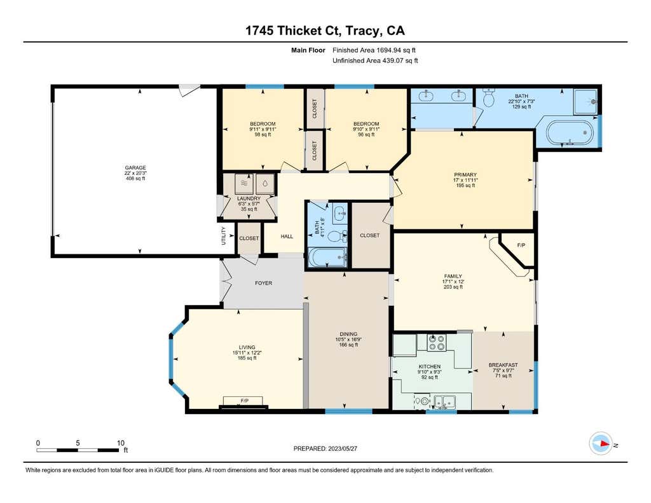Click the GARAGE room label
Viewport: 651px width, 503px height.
(x=135, y=168)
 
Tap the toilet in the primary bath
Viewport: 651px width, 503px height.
(x=489, y=97)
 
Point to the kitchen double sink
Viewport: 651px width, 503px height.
(x=444, y=402)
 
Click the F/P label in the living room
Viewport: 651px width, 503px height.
(x=245, y=401)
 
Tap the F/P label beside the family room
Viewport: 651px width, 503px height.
(x=521, y=245)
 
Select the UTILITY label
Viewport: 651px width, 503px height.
(x=223, y=235)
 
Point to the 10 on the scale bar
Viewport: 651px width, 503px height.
(x=120, y=443)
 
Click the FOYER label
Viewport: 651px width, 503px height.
(x=264, y=283)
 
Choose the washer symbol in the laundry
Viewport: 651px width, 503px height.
(x=243, y=183)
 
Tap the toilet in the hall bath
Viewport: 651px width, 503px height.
(x=337, y=237)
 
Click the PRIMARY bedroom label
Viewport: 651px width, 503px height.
(x=465, y=174)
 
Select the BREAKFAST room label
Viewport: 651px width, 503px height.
(x=504, y=365)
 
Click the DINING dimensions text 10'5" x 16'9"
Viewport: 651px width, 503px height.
(x=348, y=340)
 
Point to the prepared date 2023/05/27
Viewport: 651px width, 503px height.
(x=343, y=448)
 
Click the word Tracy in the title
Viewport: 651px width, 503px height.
(x=362, y=31)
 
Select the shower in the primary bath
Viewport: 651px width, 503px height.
(x=586, y=102)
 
